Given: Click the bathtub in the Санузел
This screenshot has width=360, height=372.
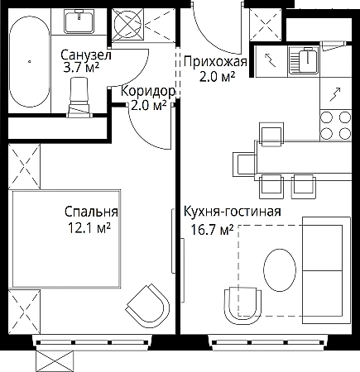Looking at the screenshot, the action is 30,61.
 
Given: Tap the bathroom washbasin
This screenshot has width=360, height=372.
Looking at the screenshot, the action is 79,21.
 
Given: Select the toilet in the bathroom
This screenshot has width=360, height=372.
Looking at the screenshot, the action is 79,97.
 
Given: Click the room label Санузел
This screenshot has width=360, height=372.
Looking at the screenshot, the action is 86,55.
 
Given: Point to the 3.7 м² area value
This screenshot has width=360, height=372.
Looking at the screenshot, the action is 81,67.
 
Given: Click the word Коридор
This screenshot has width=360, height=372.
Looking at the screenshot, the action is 148,92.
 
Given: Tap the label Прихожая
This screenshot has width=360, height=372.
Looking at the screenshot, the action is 215,62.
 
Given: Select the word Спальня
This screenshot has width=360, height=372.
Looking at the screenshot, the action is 91,212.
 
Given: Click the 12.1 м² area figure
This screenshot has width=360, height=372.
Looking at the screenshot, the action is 89,228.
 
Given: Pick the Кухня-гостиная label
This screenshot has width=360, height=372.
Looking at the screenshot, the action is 233,212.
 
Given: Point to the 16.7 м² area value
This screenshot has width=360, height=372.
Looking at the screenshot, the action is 212,230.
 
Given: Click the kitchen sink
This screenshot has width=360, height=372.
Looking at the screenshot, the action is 305,61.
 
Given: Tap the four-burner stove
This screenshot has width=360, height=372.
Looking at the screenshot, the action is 336,125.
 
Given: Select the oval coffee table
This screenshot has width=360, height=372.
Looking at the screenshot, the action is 280,269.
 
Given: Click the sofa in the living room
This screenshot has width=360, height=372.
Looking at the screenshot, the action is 326,270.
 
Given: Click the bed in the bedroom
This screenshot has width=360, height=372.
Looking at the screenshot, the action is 66,239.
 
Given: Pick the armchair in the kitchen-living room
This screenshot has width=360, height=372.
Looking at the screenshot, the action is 242,306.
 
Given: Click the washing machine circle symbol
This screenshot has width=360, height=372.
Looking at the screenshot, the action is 127,23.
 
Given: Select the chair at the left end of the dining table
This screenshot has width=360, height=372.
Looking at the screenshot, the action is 245,165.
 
